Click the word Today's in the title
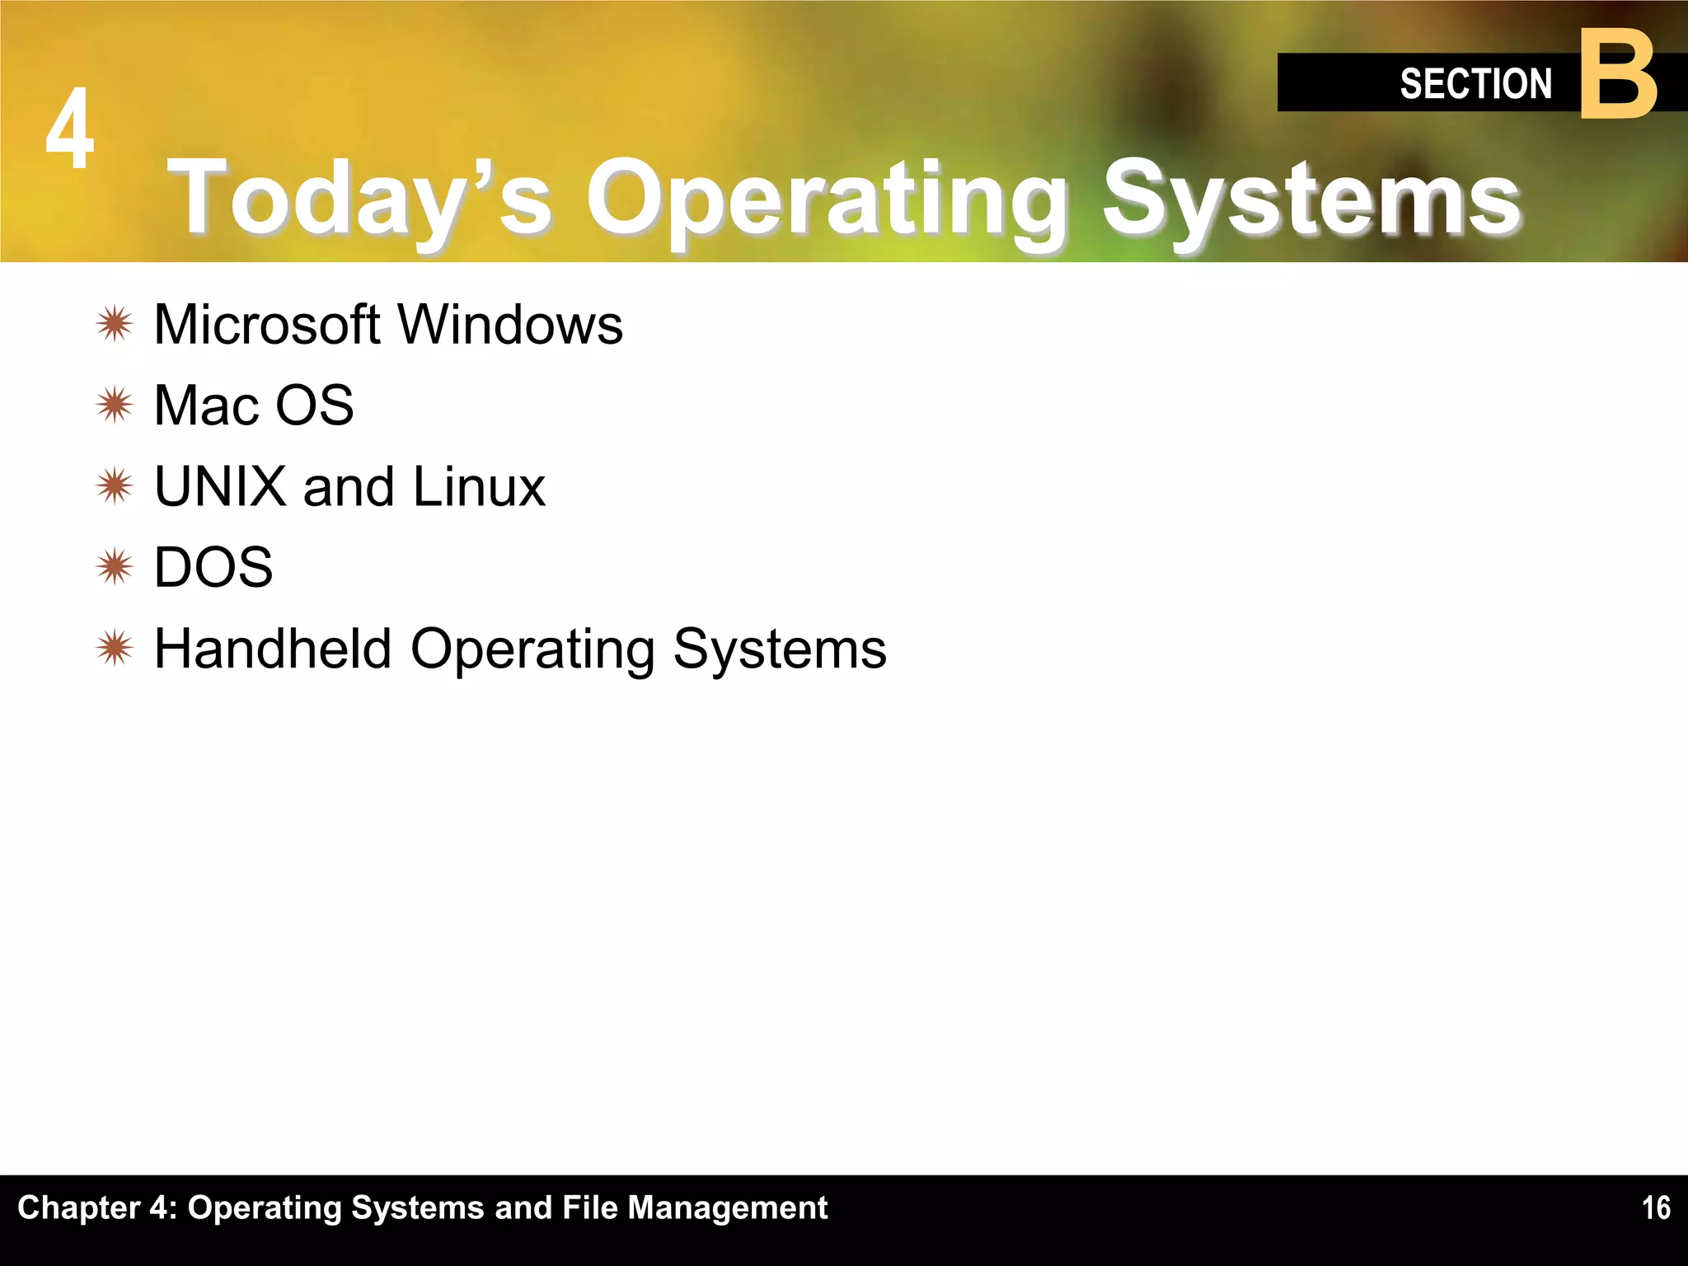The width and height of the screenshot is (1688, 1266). [359, 198]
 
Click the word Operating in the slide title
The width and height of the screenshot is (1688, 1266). [824, 198]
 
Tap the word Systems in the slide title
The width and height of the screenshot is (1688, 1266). [1311, 198]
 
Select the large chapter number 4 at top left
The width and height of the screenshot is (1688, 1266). [70, 129]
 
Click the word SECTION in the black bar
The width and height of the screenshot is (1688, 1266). [1475, 84]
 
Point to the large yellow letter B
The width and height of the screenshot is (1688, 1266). [1618, 76]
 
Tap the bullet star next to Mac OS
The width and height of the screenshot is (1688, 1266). [115, 405]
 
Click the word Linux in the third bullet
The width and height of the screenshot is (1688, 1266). [478, 486]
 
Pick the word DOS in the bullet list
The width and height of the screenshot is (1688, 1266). [213, 567]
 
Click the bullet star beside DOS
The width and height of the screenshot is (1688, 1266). [115, 567]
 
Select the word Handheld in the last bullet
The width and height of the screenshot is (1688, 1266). [272, 649]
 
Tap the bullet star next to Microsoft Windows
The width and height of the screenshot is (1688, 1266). [115, 324]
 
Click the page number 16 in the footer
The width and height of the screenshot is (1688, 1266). [1655, 1208]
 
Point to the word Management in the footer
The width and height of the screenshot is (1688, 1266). [727, 1207]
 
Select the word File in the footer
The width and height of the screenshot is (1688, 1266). [589, 1207]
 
